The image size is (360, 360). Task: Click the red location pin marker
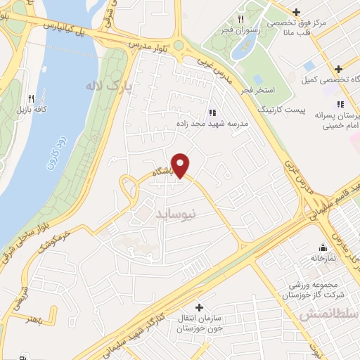click(x=181, y=165)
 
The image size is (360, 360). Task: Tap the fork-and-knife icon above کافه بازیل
click(x=30, y=98)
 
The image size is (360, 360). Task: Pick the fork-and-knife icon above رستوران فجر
click(x=240, y=19)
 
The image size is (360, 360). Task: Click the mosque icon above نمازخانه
click(x=323, y=247)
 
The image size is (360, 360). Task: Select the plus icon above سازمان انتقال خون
click(x=200, y=307)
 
